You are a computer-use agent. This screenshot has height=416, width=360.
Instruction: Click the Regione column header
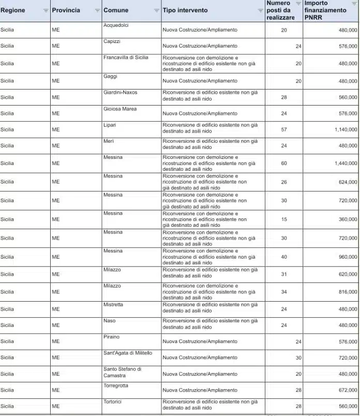click(x=13, y=10)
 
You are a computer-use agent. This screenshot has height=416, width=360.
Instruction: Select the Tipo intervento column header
click(x=185, y=10)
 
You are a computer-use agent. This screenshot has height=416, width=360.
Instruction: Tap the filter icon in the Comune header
click(x=157, y=10)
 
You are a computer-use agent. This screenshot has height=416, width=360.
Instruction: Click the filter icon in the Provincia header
click(x=98, y=10)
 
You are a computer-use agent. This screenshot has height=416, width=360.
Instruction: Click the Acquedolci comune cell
click(x=116, y=25)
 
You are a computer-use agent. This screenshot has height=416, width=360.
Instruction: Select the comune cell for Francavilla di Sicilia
click(x=126, y=57)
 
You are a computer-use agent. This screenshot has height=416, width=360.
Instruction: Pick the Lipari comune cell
click(x=110, y=125)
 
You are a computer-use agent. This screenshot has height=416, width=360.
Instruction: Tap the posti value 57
click(x=284, y=130)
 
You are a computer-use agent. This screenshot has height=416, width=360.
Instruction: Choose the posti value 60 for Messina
click(x=284, y=163)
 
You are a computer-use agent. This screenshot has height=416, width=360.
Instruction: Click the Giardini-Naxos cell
click(x=120, y=92)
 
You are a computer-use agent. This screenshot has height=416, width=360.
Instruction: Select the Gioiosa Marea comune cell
click(x=120, y=109)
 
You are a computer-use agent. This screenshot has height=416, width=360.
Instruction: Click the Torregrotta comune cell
click(x=116, y=385)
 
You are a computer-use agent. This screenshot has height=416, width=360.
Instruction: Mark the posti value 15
click(x=284, y=219)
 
